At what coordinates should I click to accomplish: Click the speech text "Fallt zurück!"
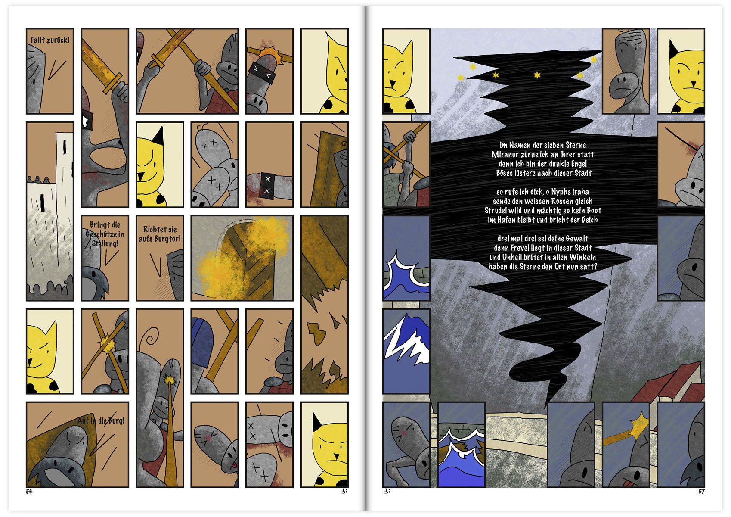pos(50,40)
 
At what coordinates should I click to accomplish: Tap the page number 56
pos(29,492)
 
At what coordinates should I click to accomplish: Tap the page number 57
pos(701,492)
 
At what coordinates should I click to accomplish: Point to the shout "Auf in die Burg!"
pos(101,420)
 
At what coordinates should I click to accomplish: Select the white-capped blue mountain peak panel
pos(406,351)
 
